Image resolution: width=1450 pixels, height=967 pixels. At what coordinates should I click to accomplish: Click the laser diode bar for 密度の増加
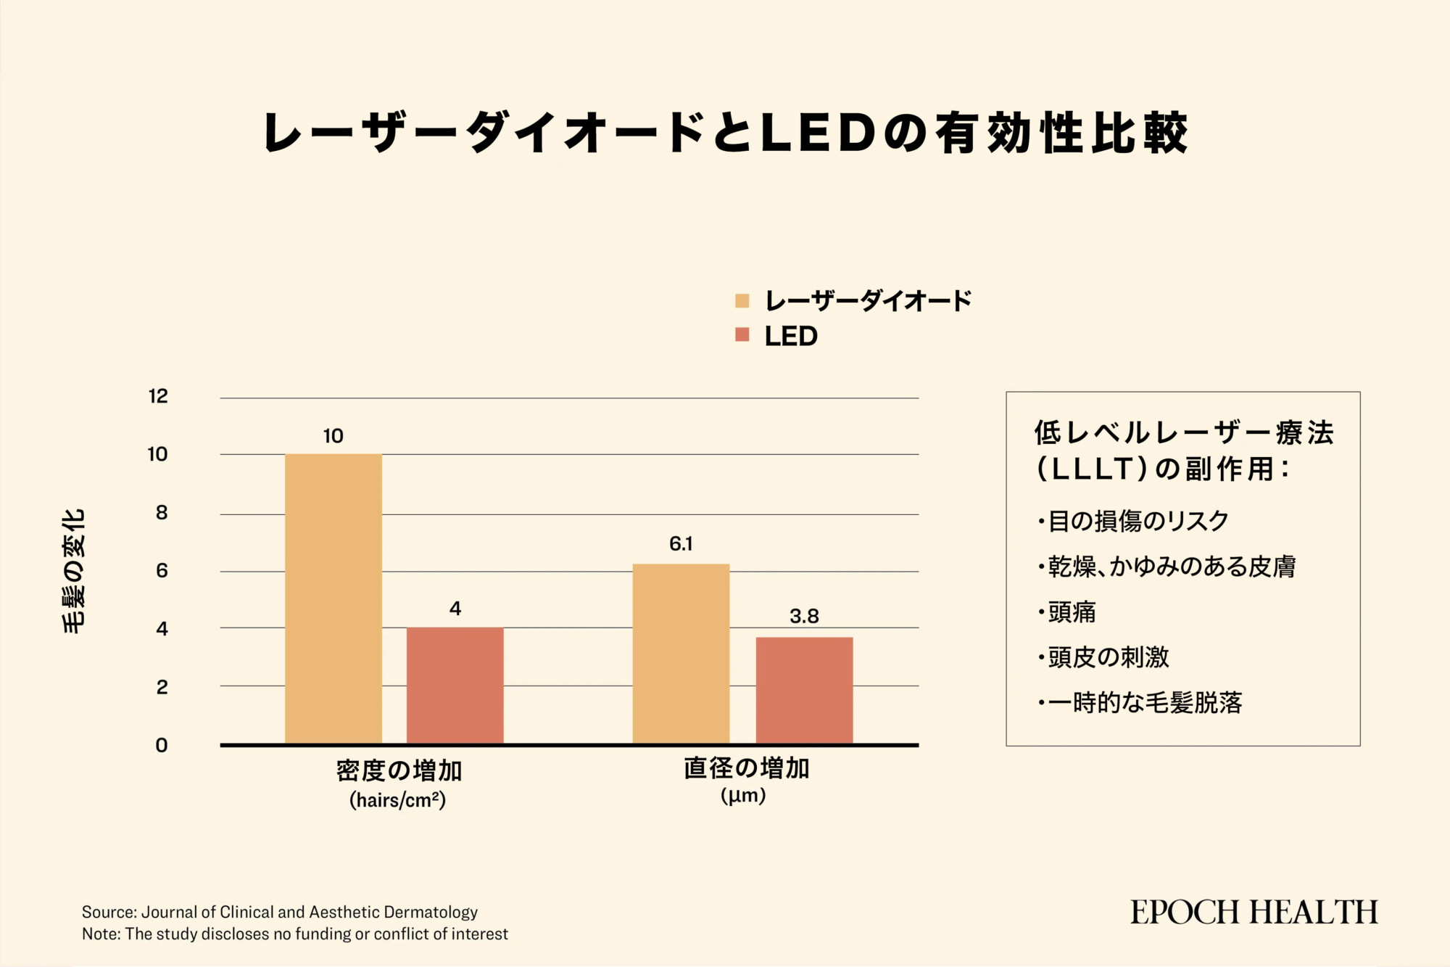[x=333, y=598]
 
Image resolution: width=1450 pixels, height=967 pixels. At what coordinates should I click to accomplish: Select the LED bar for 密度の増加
[x=455, y=685]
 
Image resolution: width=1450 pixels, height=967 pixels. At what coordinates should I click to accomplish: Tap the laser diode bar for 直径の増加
[x=681, y=653]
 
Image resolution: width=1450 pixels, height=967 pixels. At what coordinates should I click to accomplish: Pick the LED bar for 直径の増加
[x=804, y=690]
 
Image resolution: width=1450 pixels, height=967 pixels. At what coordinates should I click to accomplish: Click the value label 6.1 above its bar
[x=681, y=544]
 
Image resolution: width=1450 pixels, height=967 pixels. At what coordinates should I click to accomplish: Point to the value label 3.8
[x=804, y=617]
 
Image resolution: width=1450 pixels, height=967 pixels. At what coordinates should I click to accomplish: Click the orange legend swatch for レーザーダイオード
[x=742, y=301]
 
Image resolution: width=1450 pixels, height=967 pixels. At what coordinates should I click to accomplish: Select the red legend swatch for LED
[x=742, y=335]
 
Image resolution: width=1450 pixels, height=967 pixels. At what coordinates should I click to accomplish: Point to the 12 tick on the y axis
[x=158, y=396]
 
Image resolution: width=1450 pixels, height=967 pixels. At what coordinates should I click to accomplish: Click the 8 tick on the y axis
[x=162, y=513]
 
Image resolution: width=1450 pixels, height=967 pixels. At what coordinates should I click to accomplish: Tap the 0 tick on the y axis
[x=162, y=746]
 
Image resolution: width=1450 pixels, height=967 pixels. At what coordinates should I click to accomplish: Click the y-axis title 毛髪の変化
[x=74, y=571]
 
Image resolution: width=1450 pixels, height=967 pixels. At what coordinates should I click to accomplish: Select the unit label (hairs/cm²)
[x=397, y=800]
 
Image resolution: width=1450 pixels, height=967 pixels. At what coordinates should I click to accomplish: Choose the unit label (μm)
[x=743, y=796]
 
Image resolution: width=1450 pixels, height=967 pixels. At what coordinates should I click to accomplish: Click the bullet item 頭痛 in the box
[x=1072, y=612]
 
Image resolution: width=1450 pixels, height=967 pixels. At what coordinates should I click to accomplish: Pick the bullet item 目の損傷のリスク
[x=1138, y=521]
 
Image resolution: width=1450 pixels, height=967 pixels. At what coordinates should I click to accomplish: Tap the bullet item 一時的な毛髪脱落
[x=1145, y=702]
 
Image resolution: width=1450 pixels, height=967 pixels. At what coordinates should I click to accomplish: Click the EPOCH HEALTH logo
[x=1254, y=913]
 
